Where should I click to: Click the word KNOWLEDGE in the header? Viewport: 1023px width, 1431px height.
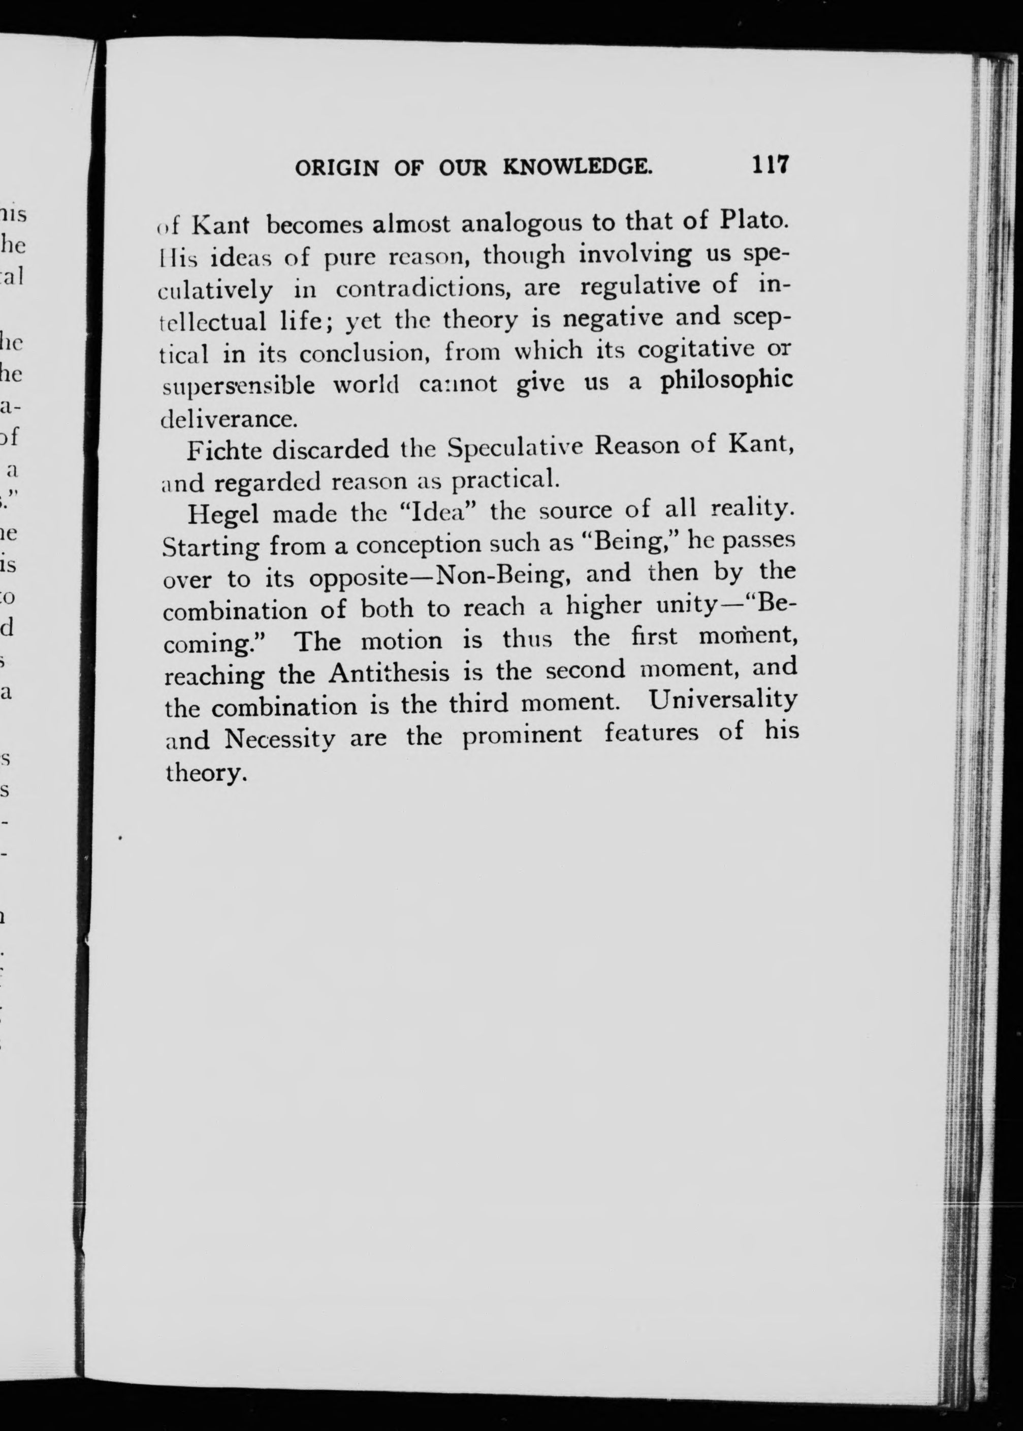[x=577, y=167]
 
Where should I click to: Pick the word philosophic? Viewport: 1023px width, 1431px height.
[x=726, y=381]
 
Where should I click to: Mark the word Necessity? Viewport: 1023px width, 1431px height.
[x=280, y=738]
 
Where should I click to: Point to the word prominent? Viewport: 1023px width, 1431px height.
[x=522, y=735]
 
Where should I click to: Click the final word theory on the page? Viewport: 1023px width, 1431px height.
[x=204, y=773]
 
